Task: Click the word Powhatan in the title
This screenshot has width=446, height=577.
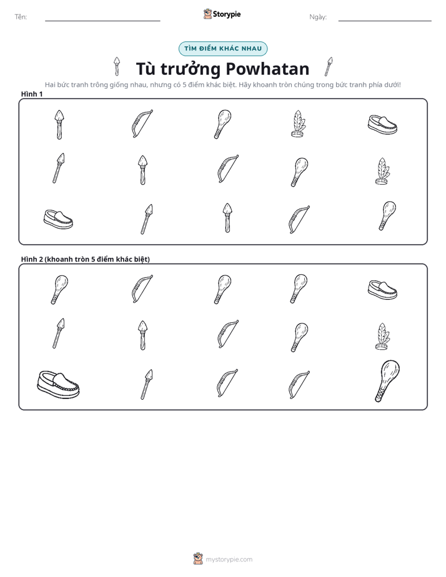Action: pyautogui.click(x=267, y=69)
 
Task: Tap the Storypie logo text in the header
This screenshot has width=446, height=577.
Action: pyautogui.click(x=227, y=14)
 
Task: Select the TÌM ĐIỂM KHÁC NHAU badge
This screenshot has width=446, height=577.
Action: pyautogui.click(x=223, y=49)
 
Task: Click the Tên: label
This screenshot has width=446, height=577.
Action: pyautogui.click(x=21, y=17)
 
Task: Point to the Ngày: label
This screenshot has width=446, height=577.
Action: pyautogui.click(x=318, y=17)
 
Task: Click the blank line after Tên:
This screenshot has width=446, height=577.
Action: pyautogui.click(x=102, y=21)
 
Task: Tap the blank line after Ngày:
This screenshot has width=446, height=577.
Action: pyautogui.click(x=385, y=21)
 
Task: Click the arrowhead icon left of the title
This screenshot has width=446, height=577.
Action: pyautogui.click(x=117, y=66)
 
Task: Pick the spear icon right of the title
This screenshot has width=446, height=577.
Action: pyautogui.click(x=329, y=67)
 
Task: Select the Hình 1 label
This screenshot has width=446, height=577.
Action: pyautogui.click(x=32, y=94)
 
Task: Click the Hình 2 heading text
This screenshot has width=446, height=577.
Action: pyautogui.click(x=86, y=259)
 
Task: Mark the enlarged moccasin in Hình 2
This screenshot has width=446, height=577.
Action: pyautogui.click(x=58, y=385)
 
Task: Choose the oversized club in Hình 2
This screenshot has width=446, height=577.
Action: pyautogui.click(x=387, y=380)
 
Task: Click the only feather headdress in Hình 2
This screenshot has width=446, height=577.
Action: pyautogui.click(x=382, y=337)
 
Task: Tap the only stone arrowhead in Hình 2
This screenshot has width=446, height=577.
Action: pyautogui.click(x=142, y=335)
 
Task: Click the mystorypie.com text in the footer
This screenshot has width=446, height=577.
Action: pyautogui.click(x=229, y=560)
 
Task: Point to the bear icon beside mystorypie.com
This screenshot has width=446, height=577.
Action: pyautogui.click(x=198, y=559)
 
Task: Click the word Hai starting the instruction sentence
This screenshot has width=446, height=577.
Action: pyautogui.click(x=50, y=85)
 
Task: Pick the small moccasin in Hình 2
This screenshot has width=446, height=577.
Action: pyautogui.click(x=382, y=290)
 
